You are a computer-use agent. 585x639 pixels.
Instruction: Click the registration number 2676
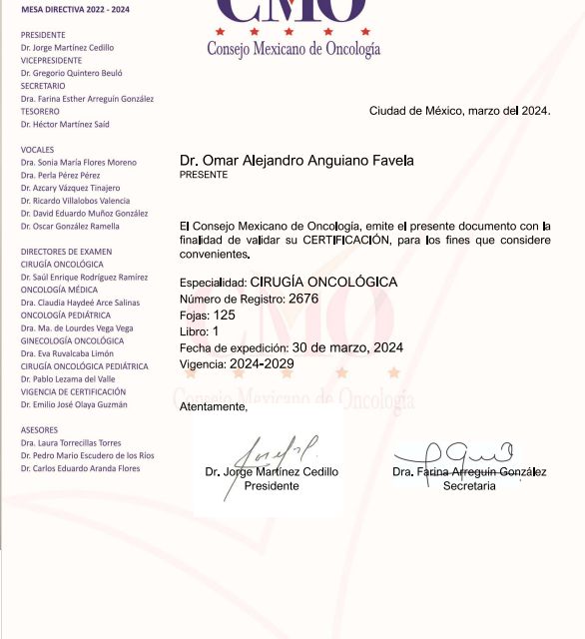pyautogui.click(x=302, y=299)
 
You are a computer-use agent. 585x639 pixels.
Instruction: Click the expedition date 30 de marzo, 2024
pyautogui.click(x=347, y=347)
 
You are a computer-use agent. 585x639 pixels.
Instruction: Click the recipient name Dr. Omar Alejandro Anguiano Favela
pyautogui.click(x=296, y=161)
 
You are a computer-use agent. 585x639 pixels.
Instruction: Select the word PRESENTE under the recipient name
pyautogui.click(x=204, y=175)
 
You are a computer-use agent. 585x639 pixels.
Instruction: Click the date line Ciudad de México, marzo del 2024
pyautogui.click(x=459, y=111)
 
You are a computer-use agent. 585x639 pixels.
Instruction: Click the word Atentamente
pyautogui.click(x=213, y=406)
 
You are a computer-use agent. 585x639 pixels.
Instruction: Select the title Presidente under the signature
pyautogui.click(x=272, y=486)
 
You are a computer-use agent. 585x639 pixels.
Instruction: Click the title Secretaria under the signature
pyautogui.click(x=469, y=486)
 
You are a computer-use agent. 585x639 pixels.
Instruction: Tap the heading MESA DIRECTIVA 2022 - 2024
pyautogui.click(x=74, y=9)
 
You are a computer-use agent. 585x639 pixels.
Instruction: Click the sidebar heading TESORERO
pyautogui.click(x=40, y=112)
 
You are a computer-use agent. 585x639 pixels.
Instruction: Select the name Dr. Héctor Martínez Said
pyautogui.click(x=65, y=125)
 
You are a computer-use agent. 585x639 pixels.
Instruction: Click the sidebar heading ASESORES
pyautogui.click(x=39, y=430)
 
